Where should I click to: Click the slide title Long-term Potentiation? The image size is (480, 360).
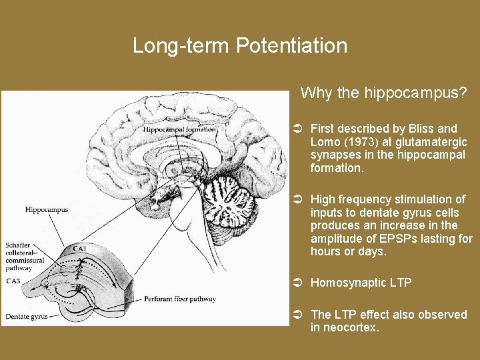[240, 46]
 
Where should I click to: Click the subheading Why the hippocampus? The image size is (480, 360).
[383, 92]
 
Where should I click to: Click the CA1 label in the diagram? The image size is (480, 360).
[80, 249]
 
